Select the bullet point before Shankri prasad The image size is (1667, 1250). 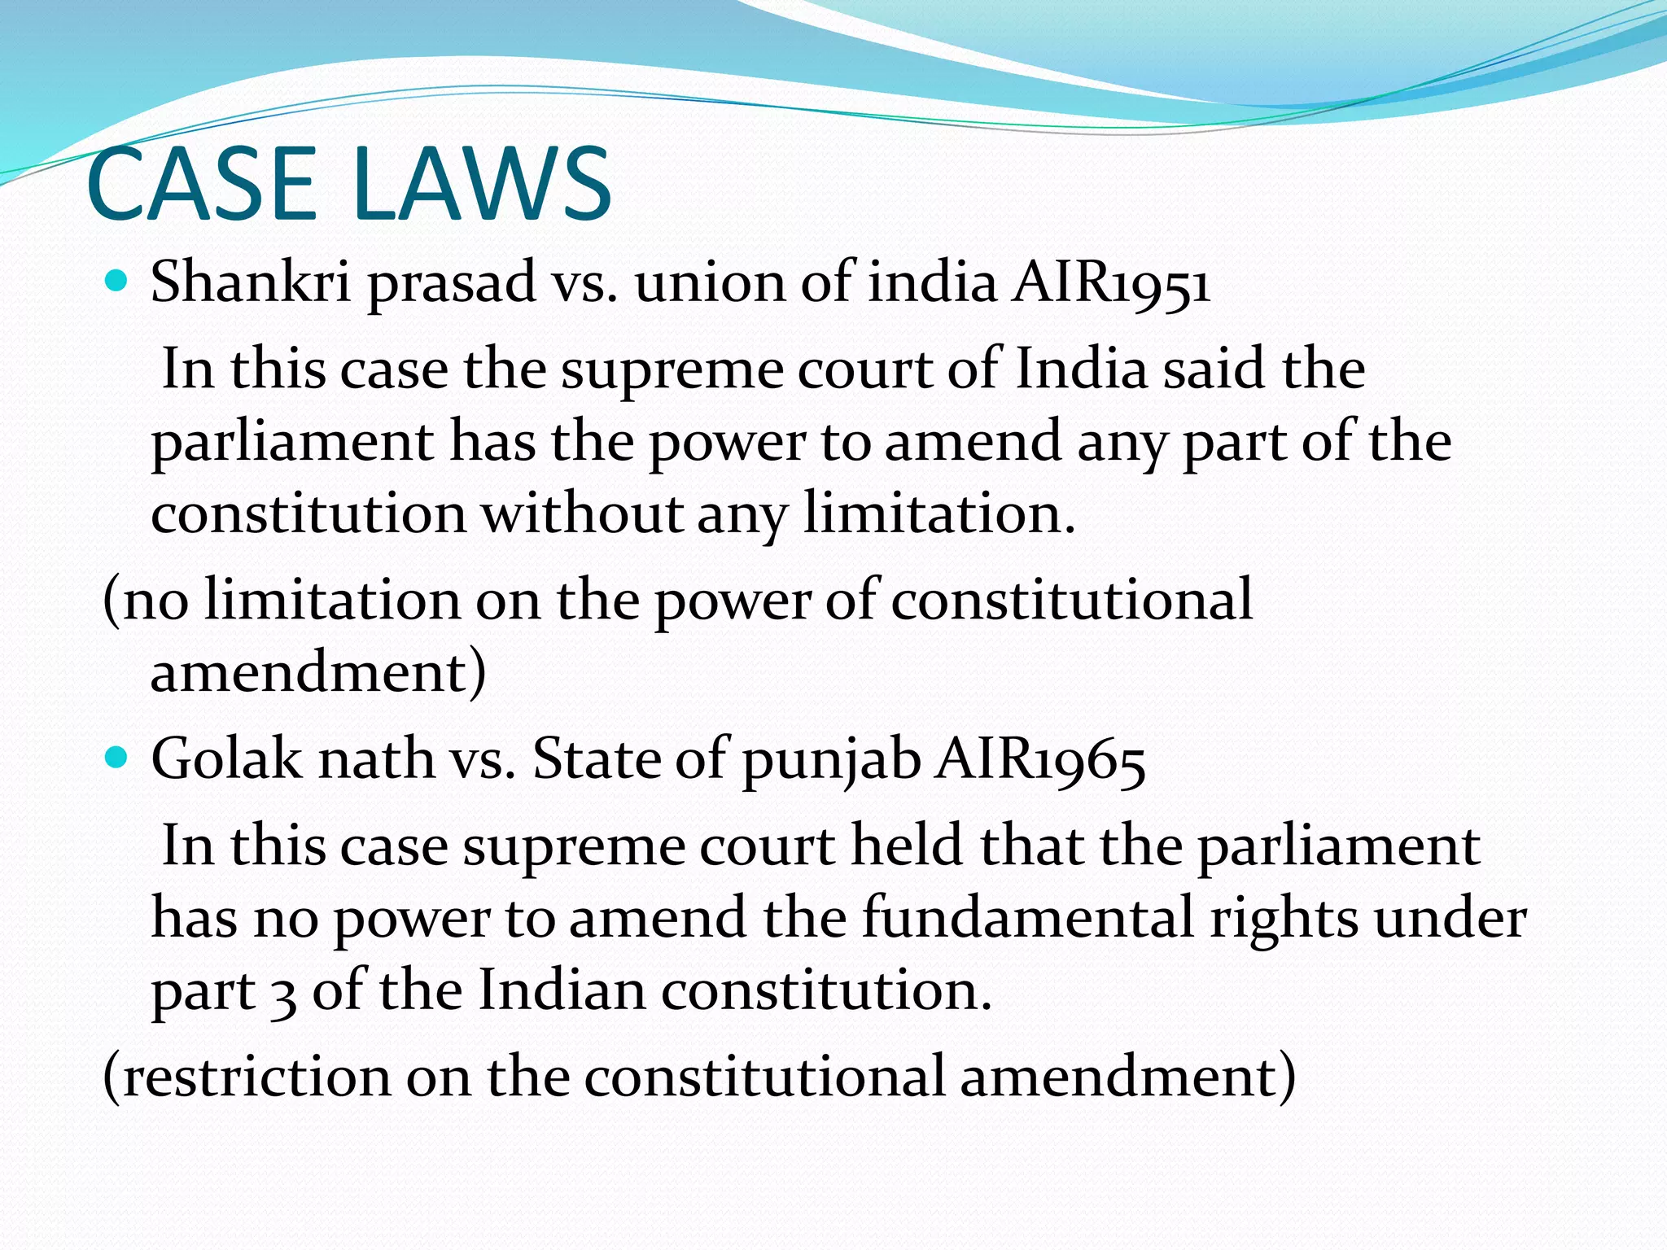(118, 282)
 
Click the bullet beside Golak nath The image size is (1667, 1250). (118, 759)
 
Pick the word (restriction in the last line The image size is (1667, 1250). (247, 1076)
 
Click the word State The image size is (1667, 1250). (595, 759)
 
